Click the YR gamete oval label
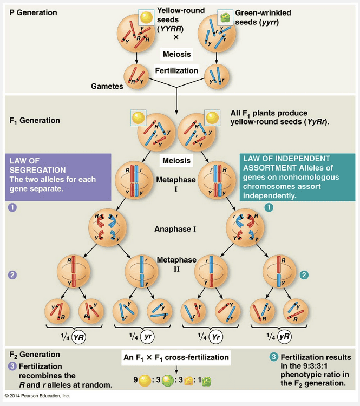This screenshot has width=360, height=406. [80, 336]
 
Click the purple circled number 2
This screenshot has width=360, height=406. [12, 275]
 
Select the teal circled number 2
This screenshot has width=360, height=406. [305, 275]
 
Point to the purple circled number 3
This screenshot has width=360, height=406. [12, 366]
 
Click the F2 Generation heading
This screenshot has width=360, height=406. [35, 355]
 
